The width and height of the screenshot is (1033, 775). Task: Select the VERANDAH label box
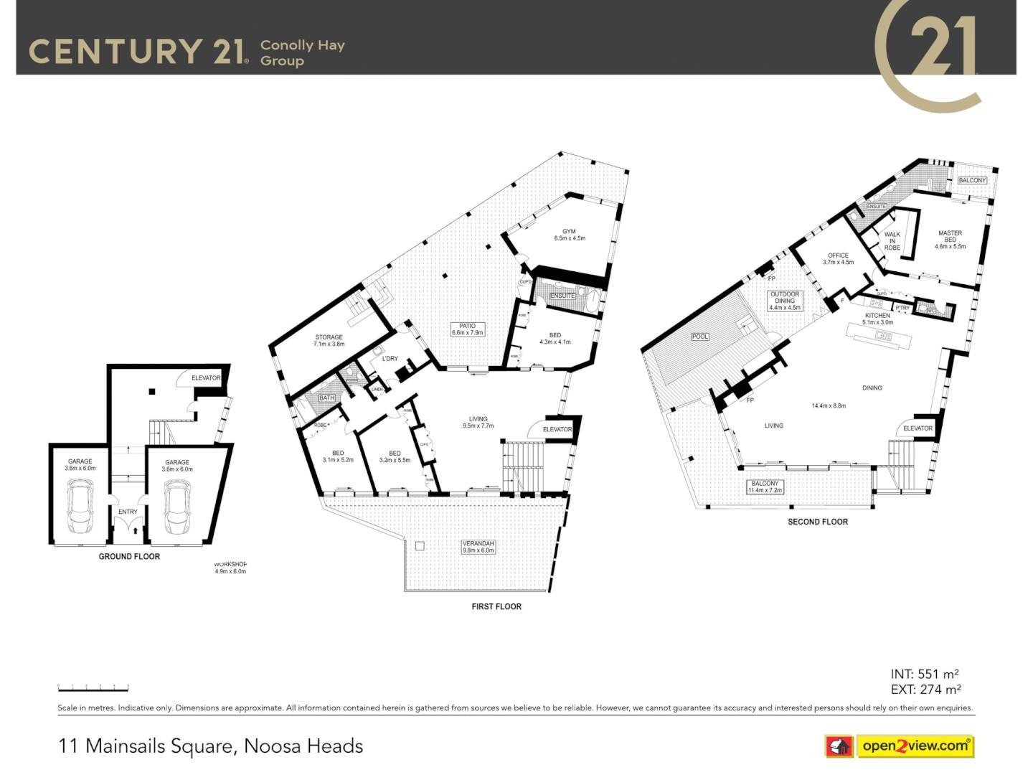478,547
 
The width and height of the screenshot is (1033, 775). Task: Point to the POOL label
700,337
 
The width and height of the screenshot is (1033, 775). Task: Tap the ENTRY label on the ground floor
128,512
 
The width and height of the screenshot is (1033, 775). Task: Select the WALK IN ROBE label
892,241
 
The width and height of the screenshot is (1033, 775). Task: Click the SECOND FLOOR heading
818,522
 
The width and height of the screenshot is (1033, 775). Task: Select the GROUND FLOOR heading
129,556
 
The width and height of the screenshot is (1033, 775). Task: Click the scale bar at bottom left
93,688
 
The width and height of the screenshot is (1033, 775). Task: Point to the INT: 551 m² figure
925,674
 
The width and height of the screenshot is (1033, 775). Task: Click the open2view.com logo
915,746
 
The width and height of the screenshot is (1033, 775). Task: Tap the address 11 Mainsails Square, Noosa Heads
210,746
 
